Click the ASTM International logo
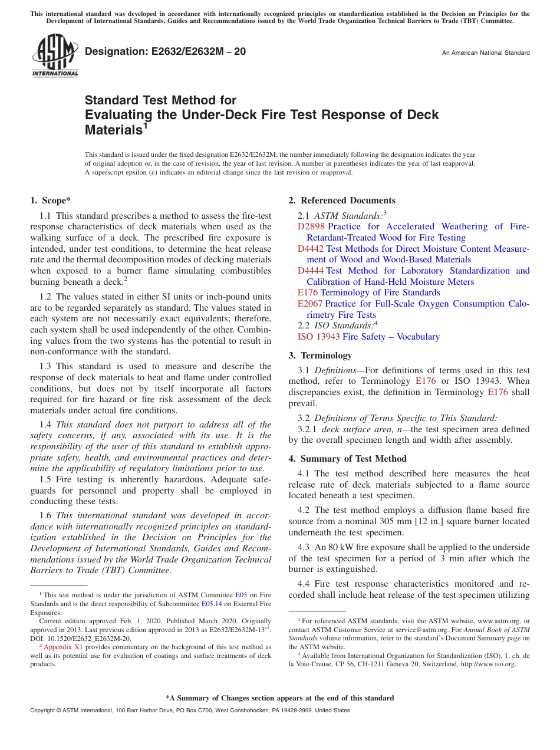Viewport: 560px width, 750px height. pyautogui.click(x=54, y=56)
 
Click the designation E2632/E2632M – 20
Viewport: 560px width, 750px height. pyautogui.click(x=166, y=52)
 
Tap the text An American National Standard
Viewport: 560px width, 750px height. pyautogui.click(x=486, y=53)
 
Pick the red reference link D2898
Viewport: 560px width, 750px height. pyautogui.click(x=311, y=226)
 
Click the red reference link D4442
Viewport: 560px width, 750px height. pyautogui.click(x=311, y=249)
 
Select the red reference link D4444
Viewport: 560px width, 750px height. pyautogui.click(x=311, y=271)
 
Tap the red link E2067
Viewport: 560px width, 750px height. pyautogui.click(x=310, y=304)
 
